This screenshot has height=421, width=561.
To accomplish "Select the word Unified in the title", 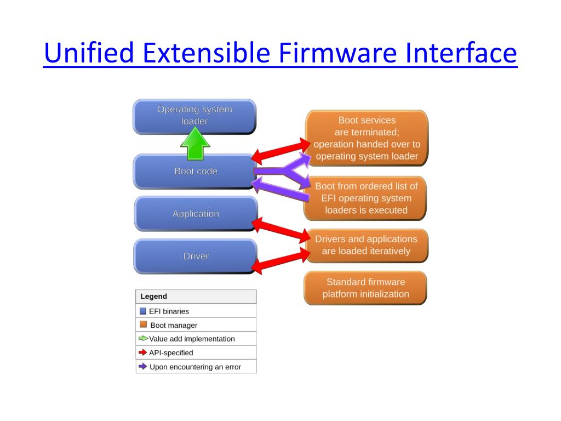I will (89, 54).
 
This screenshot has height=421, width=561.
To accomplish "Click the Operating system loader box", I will (194, 116).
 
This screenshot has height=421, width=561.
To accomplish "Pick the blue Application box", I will (195, 214).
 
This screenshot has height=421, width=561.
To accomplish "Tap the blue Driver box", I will (195, 256).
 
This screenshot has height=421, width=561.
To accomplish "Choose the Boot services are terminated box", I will (367, 138).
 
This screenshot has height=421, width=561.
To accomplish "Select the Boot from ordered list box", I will (367, 198).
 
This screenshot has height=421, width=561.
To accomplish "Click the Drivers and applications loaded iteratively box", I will (366, 245).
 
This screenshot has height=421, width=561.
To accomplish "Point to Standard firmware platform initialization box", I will (365, 288).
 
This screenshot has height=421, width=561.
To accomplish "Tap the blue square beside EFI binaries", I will (143, 311).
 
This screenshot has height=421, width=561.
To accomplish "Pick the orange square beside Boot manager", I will (143, 325).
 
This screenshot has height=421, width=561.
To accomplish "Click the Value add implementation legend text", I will (192, 339).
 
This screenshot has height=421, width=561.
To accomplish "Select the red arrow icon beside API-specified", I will (143, 352).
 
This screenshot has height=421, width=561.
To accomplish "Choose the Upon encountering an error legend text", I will (195, 367).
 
